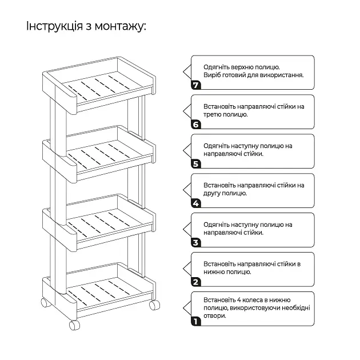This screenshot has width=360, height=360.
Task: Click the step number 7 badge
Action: coord(196,85)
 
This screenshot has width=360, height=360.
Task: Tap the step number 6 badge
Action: coord(196,125)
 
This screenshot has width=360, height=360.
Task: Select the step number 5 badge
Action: coord(196,164)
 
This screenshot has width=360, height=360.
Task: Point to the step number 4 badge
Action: coord(196,203)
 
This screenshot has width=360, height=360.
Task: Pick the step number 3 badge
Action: coord(196,243)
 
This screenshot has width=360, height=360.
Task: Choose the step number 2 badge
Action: coord(196,282)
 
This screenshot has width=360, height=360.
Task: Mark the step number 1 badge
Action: coord(196,321)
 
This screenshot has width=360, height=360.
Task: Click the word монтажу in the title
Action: coord(120,26)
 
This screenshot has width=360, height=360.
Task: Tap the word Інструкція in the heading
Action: coord(54,26)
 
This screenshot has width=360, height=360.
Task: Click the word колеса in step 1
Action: coord(255,300)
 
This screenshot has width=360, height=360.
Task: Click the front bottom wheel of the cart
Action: coord(74,325)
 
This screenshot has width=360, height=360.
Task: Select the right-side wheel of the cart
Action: coord(154,305)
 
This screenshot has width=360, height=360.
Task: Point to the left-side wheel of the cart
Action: coord(46,302)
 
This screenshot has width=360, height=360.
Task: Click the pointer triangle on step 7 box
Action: coord(187,72)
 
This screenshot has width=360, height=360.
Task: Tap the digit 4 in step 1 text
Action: coord(239,300)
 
